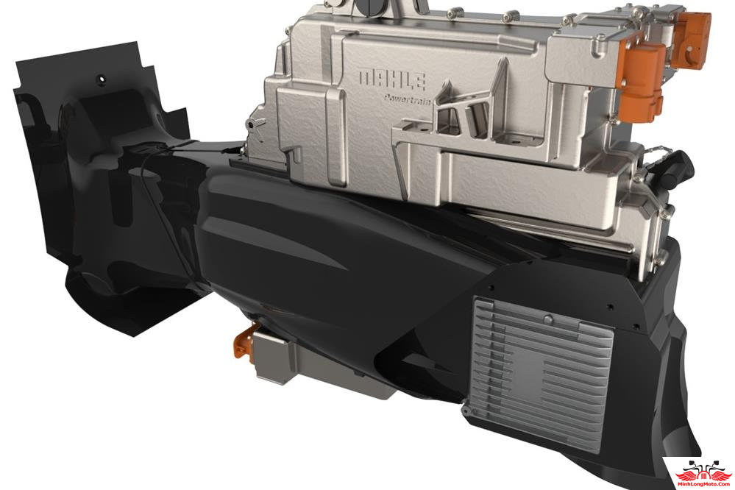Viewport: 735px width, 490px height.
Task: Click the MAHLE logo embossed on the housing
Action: coord(392,80)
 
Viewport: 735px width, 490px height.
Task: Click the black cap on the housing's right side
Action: coord(681,168)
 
